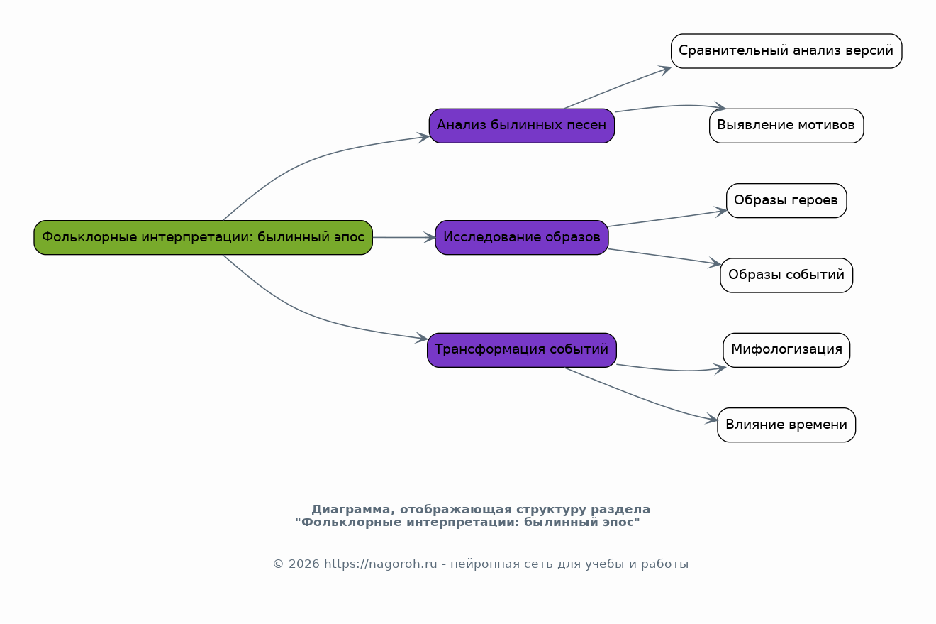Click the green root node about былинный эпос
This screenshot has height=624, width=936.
(x=203, y=238)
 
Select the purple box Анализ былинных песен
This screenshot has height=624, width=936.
(x=521, y=126)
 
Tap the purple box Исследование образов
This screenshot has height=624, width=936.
(x=521, y=238)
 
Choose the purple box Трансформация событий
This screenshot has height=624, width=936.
(x=521, y=350)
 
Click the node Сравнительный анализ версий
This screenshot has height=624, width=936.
(x=786, y=51)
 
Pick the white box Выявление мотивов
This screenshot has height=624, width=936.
(x=786, y=126)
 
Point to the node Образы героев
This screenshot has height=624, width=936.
(x=786, y=200)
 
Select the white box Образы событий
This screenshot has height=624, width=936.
(x=786, y=275)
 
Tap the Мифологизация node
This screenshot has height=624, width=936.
(x=786, y=350)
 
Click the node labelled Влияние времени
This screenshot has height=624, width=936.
(x=786, y=425)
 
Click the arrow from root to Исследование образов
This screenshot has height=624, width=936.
(x=404, y=238)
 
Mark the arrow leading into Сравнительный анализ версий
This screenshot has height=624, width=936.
(x=618, y=87)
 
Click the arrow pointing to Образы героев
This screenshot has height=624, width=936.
(x=668, y=219)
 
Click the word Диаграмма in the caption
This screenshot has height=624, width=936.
(x=350, y=510)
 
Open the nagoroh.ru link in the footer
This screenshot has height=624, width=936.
(x=380, y=564)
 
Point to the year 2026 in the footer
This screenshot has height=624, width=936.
(x=303, y=564)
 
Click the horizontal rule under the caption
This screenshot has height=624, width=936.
(x=481, y=542)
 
